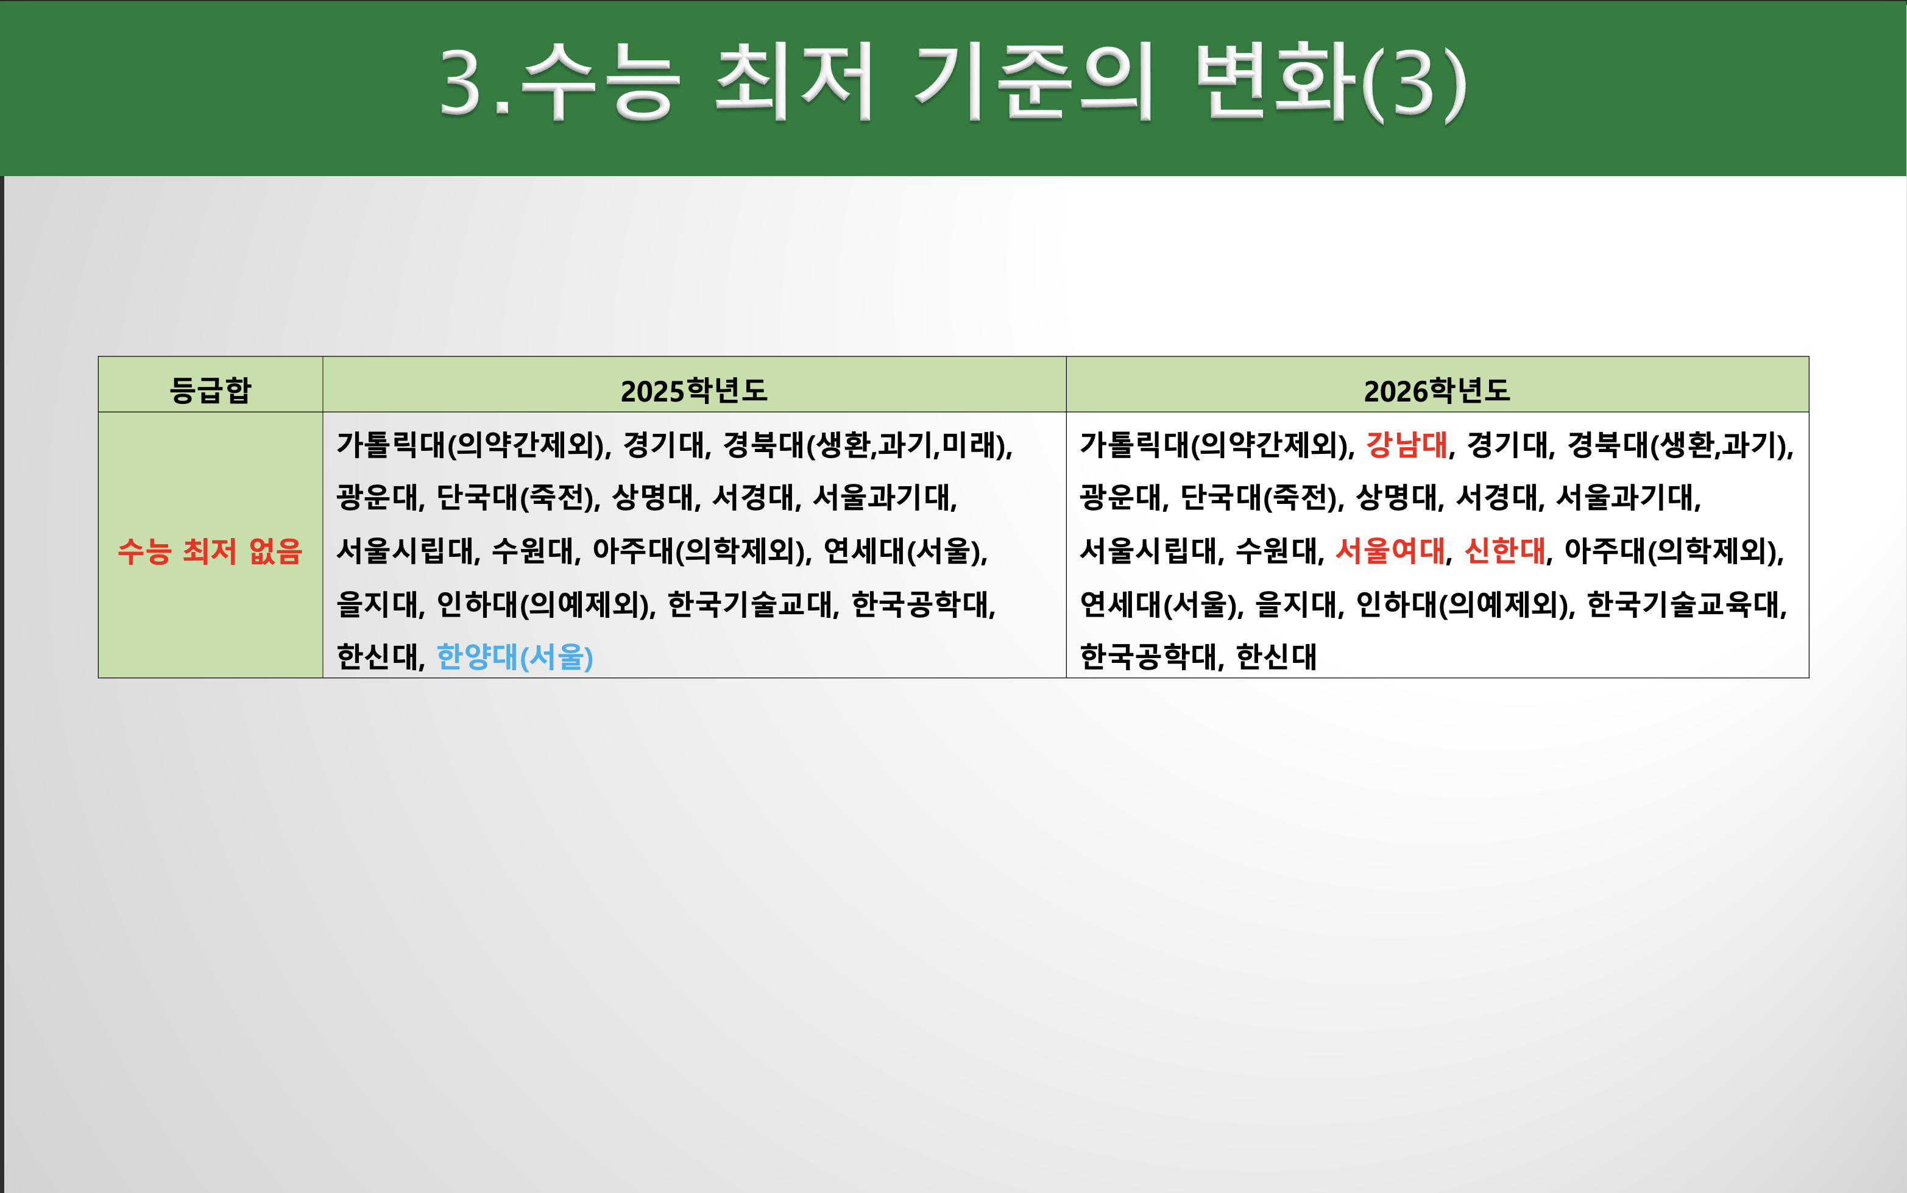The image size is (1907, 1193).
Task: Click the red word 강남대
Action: point(1406,445)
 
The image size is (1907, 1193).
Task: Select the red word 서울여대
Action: point(1389,551)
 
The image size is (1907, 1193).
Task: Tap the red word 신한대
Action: point(1504,551)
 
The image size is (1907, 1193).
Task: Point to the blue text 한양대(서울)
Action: point(514,656)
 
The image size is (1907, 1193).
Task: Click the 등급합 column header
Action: point(210,390)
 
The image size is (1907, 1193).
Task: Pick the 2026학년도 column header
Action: point(1437,391)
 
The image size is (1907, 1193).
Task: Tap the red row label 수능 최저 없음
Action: point(210,551)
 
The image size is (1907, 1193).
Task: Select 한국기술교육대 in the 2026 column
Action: point(1685,604)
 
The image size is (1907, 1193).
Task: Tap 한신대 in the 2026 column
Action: point(1276,656)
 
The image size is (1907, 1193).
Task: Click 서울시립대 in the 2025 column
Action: point(405,551)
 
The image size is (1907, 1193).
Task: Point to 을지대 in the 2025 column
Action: point(377,604)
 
